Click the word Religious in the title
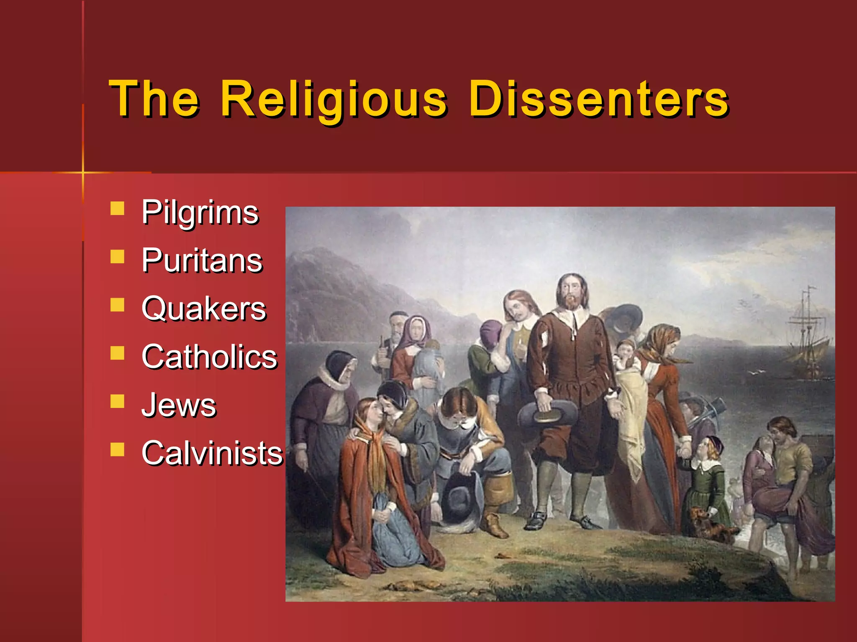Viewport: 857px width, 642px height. pos(334,99)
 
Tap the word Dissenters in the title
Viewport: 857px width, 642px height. pos(598,99)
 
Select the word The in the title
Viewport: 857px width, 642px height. pos(154,99)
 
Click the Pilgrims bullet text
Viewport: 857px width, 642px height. pos(200,212)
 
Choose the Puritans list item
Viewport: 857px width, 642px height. pos(202,260)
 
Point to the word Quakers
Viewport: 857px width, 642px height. pos(203,309)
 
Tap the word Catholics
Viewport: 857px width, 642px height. pos(209,357)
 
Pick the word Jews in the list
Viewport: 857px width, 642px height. pos(179,405)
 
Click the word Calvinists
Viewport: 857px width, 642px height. pos(212,453)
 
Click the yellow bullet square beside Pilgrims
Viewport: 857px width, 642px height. pos(118,208)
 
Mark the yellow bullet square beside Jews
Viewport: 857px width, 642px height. pos(118,401)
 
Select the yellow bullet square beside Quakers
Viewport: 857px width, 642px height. pos(118,305)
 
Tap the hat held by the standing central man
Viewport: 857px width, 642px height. pos(548,414)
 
